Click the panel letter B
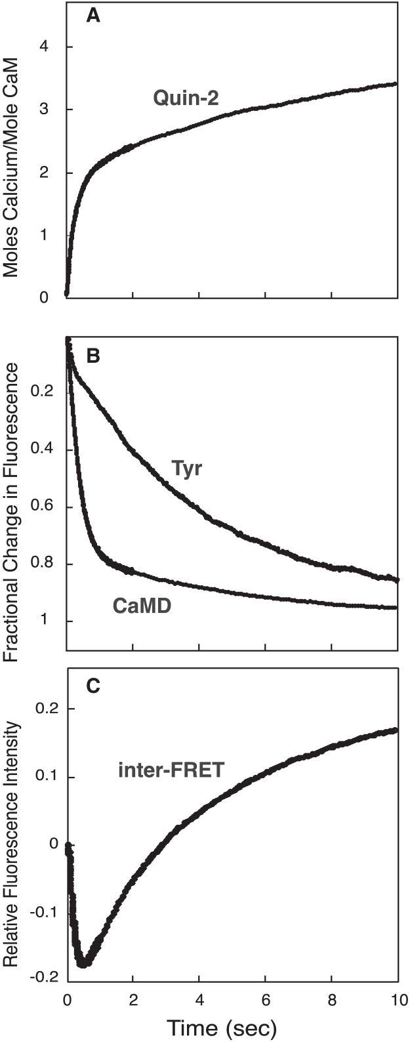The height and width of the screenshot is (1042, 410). pyautogui.click(x=93, y=356)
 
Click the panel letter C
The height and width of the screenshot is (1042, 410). pyautogui.click(x=93, y=686)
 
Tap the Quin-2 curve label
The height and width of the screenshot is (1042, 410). pyautogui.click(x=185, y=98)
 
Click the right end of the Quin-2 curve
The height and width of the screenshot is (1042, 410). pyautogui.click(x=396, y=83)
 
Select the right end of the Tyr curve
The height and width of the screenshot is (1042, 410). pyautogui.click(x=397, y=579)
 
